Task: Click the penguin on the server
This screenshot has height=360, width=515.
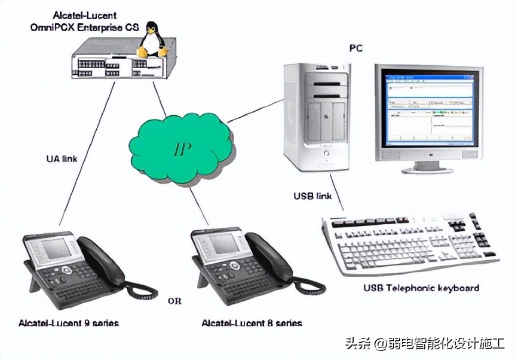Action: pos(152,39)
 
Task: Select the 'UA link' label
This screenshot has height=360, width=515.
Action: pos(62,158)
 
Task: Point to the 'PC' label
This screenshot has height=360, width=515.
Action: pos(355,48)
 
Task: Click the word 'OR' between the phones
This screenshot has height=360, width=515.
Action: pos(174,301)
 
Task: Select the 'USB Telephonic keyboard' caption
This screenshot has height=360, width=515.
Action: pos(421,288)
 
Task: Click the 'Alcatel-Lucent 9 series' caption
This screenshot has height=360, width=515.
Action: pos(68,323)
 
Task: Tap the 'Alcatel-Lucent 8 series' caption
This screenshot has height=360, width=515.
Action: pos(252,323)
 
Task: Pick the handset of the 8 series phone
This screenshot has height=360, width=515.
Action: pos(269,257)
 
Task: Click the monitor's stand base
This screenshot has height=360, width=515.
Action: pos(427,169)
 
